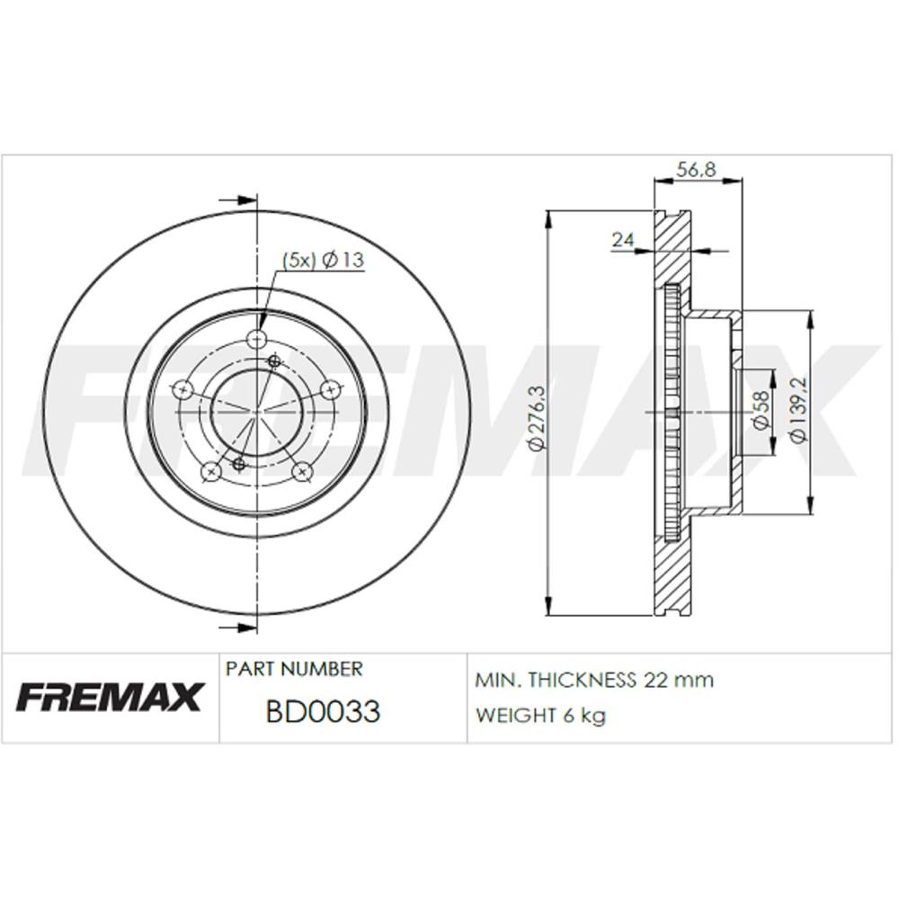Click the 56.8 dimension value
(x=696, y=170)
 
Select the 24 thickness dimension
(x=623, y=239)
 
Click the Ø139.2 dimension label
(x=798, y=409)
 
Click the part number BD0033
(x=323, y=711)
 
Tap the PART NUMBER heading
(x=294, y=669)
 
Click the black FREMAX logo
(x=110, y=696)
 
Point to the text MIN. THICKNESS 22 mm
(x=594, y=680)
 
